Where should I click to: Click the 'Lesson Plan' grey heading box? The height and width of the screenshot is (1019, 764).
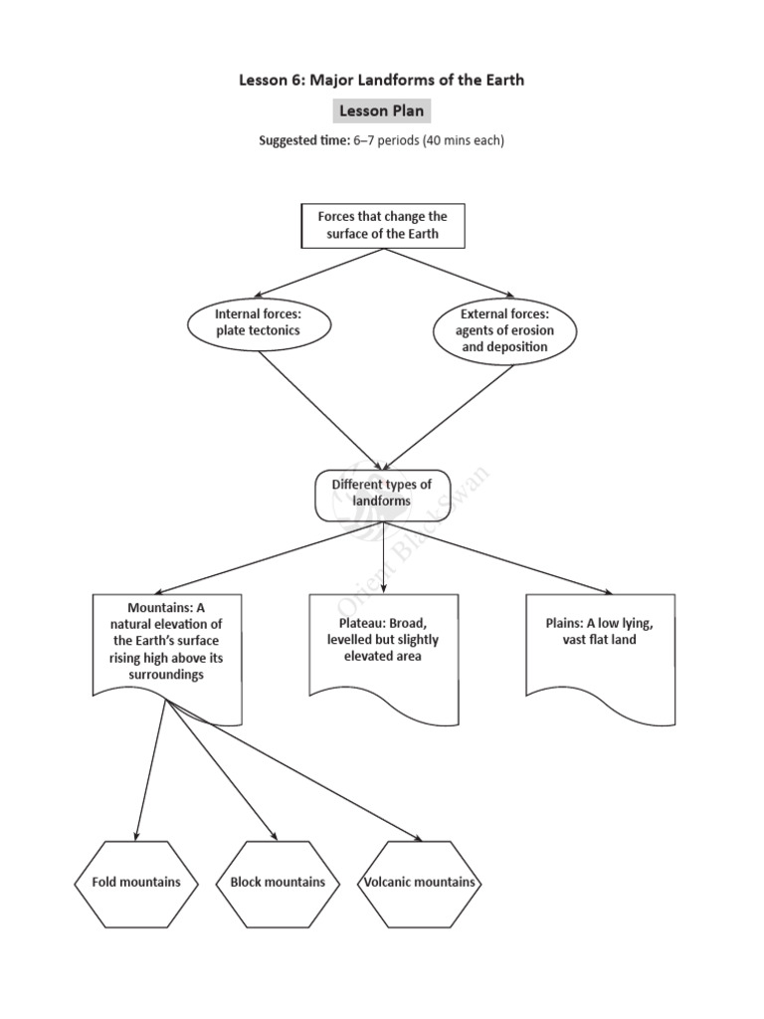click(382, 110)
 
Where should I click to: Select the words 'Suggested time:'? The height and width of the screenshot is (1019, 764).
click(304, 141)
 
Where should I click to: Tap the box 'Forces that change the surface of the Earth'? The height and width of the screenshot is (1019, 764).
click(383, 226)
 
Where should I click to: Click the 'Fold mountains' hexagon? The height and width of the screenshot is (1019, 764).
click(136, 883)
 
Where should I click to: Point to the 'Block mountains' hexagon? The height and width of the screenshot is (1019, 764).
click(278, 883)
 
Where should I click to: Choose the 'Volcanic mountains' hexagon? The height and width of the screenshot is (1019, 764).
click(419, 883)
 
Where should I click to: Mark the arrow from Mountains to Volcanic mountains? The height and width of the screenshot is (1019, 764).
click(298, 770)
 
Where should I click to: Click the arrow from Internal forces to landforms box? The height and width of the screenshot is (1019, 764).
click(318, 410)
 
